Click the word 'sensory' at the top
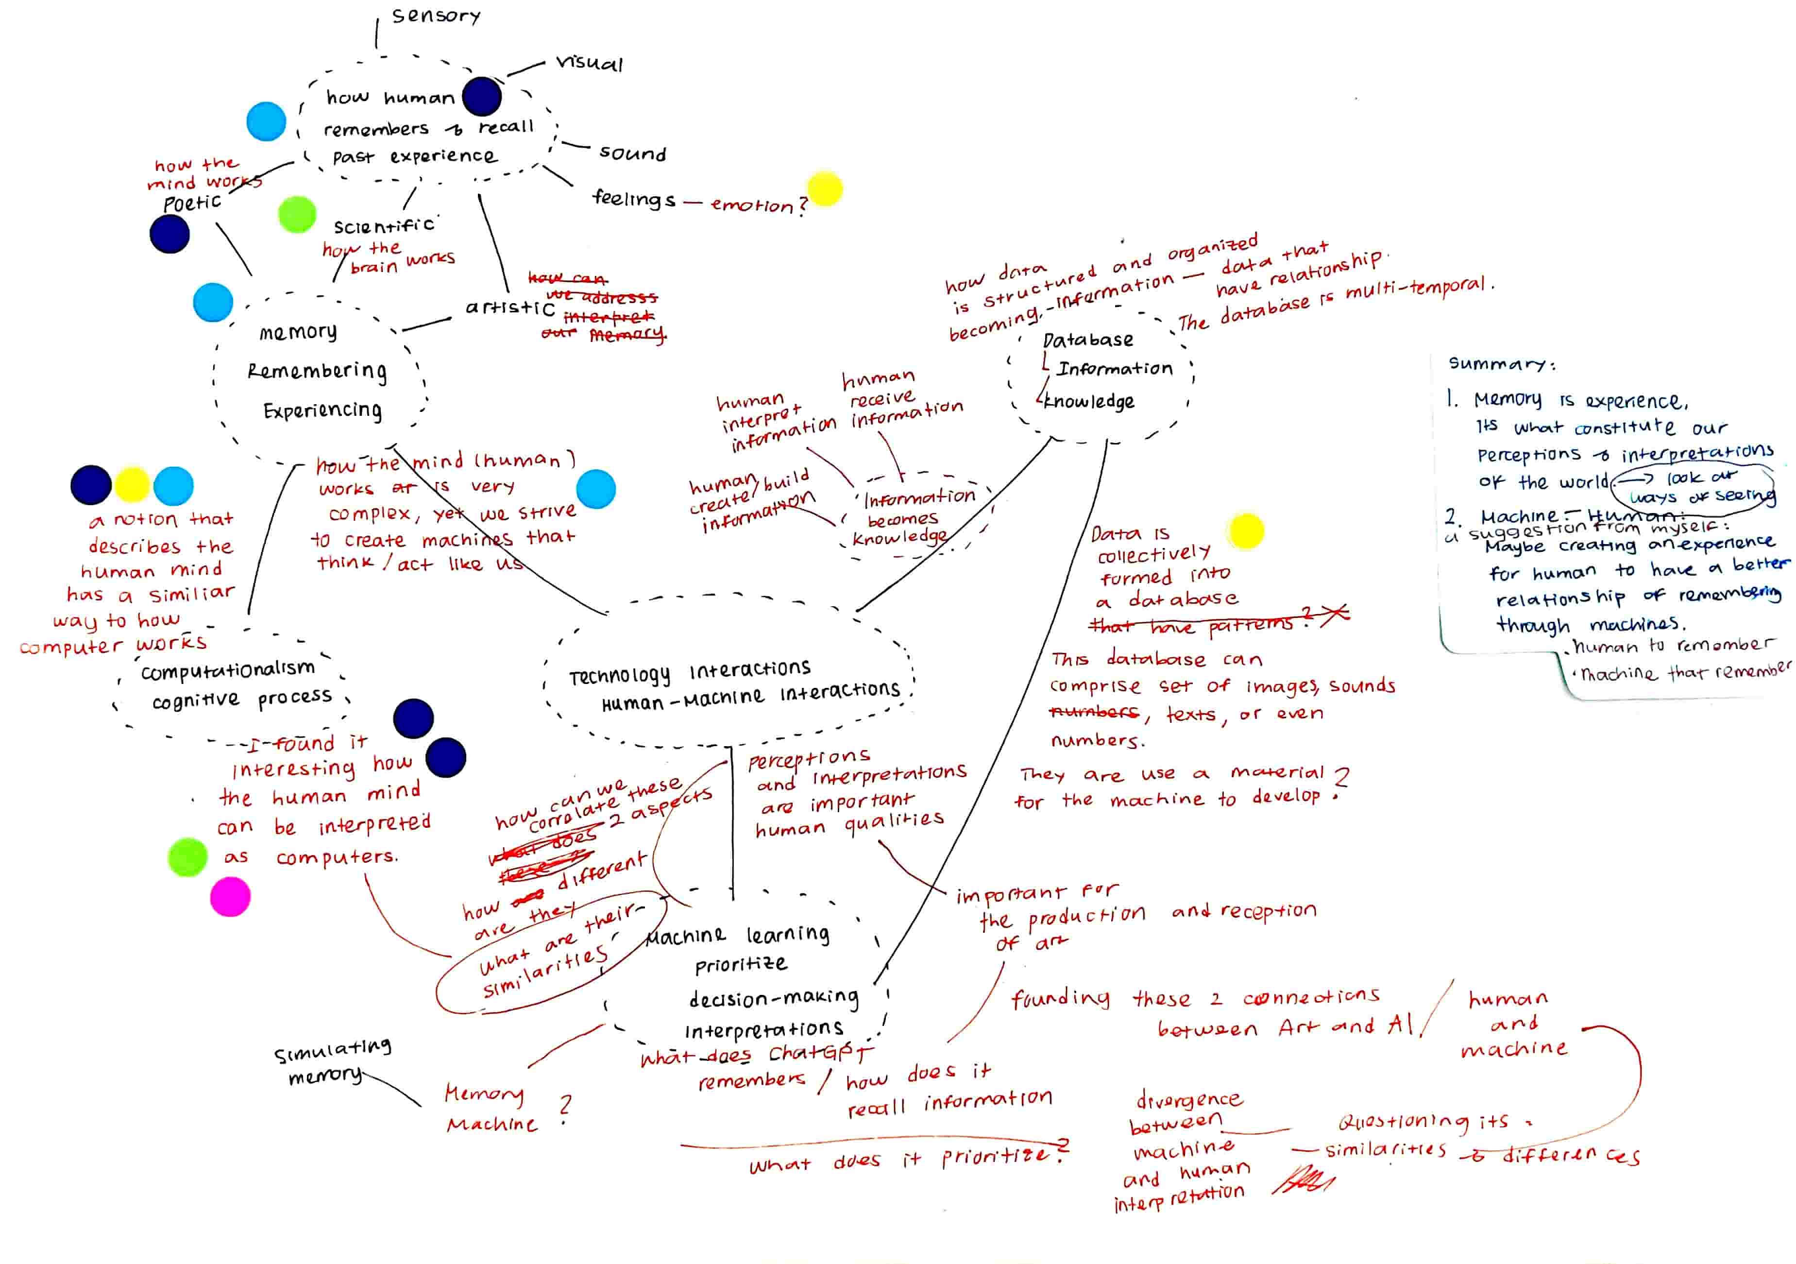(x=436, y=16)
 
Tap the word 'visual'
(x=589, y=63)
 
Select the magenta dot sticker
(x=230, y=896)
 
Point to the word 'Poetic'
(x=192, y=203)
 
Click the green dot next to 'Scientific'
(x=297, y=214)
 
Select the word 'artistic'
(x=510, y=307)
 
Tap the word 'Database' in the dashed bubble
(x=1088, y=340)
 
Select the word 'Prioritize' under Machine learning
(x=741, y=964)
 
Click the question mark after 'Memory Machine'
(x=565, y=1109)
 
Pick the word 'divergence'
(x=1188, y=1100)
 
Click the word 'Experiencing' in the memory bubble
(x=322, y=410)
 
